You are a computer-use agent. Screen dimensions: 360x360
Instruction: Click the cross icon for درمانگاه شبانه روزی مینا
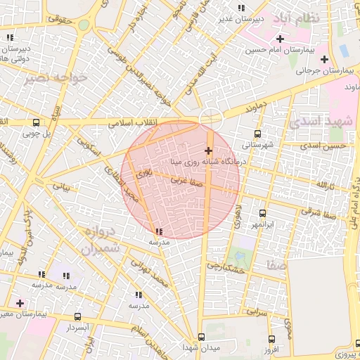click(x=208, y=150)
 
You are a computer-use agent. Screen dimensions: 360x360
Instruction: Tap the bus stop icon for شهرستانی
click(x=258, y=134)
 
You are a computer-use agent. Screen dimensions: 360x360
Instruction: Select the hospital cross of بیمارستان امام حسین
click(x=281, y=39)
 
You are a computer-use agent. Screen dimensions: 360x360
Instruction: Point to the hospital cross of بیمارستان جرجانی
click(x=324, y=58)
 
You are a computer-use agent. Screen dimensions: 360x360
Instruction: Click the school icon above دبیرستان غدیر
click(x=242, y=8)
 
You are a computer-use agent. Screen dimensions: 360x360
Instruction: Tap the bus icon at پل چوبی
click(x=36, y=120)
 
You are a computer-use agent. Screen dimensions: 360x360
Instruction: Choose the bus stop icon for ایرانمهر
click(x=263, y=213)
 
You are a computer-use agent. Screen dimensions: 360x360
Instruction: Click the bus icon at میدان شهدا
click(x=202, y=337)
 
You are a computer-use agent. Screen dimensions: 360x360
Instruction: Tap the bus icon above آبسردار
click(x=77, y=317)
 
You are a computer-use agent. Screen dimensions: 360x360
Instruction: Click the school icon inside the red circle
click(x=160, y=231)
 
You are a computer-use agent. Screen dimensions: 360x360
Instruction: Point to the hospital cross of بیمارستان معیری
click(x=20, y=303)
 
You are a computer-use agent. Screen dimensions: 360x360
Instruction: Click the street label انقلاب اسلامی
click(x=134, y=122)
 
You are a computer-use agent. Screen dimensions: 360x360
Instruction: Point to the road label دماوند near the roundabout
click(x=239, y=109)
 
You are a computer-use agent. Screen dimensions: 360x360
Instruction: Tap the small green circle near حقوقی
click(x=84, y=25)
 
